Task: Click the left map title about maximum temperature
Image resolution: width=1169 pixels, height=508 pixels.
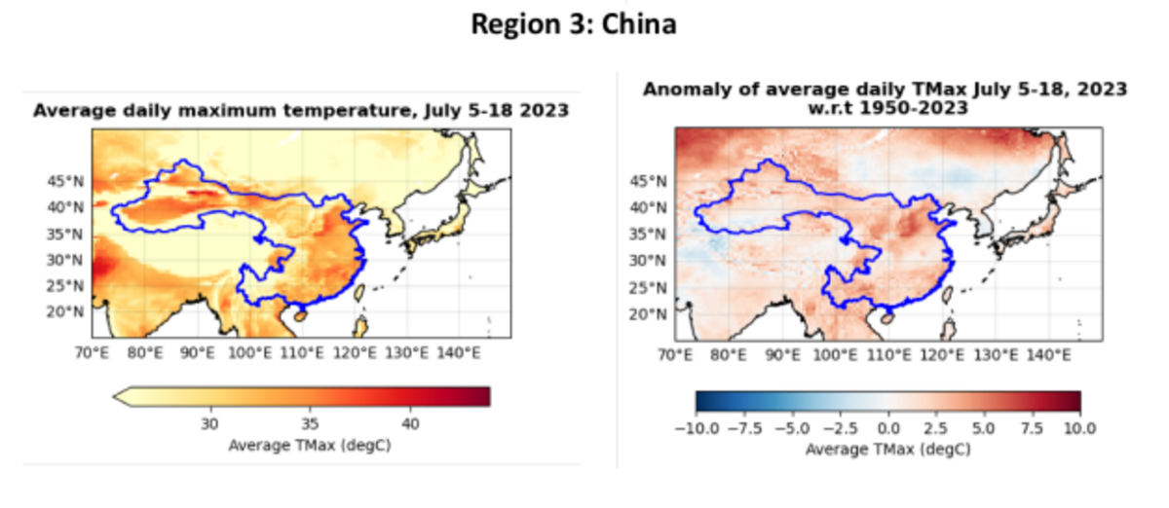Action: [301, 112]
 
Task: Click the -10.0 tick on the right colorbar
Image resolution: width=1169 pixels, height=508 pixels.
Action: [694, 428]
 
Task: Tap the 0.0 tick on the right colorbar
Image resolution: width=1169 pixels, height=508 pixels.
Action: [888, 428]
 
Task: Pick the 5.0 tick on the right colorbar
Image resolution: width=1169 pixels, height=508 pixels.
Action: [985, 428]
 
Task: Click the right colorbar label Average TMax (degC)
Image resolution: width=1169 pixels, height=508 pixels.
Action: [888, 450]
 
